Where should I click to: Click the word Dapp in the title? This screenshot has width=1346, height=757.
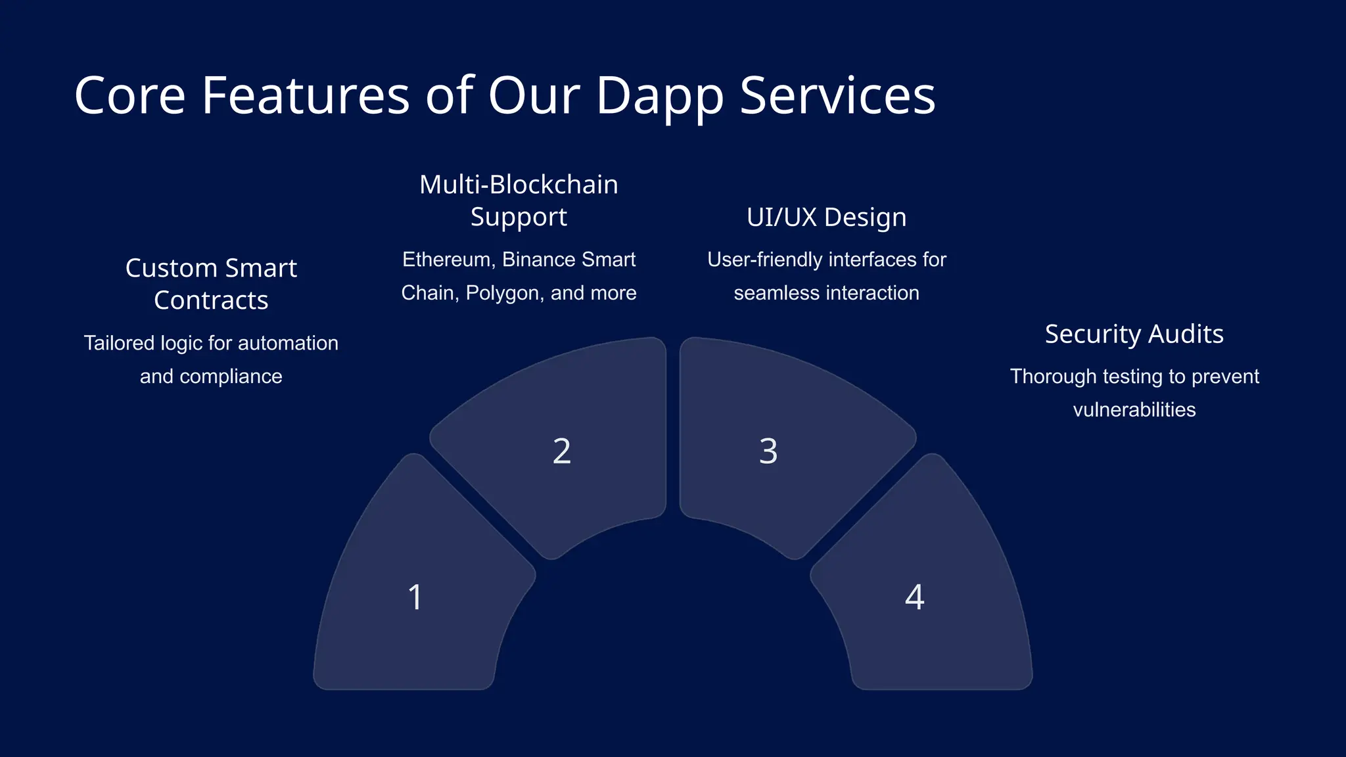[x=659, y=97]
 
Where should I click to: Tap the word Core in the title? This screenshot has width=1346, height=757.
[x=129, y=97]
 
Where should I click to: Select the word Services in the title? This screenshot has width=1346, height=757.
[x=837, y=97]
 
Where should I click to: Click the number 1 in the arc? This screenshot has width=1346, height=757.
[x=415, y=597]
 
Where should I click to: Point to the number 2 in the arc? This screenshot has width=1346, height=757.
[x=562, y=451]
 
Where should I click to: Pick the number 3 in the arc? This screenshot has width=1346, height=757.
[x=768, y=451]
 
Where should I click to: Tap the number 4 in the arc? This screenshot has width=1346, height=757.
[x=914, y=597]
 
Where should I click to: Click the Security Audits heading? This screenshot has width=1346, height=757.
[x=1134, y=334]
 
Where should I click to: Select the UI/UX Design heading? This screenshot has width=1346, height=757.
[x=826, y=218]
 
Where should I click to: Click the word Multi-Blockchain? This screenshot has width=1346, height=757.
[x=519, y=185]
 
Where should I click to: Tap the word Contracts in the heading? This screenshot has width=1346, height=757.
[x=211, y=300]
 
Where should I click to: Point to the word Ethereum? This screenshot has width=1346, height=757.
[x=447, y=260]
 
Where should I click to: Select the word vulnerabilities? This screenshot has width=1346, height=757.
[x=1134, y=409]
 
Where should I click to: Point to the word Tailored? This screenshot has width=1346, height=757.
[x=119, y=343]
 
